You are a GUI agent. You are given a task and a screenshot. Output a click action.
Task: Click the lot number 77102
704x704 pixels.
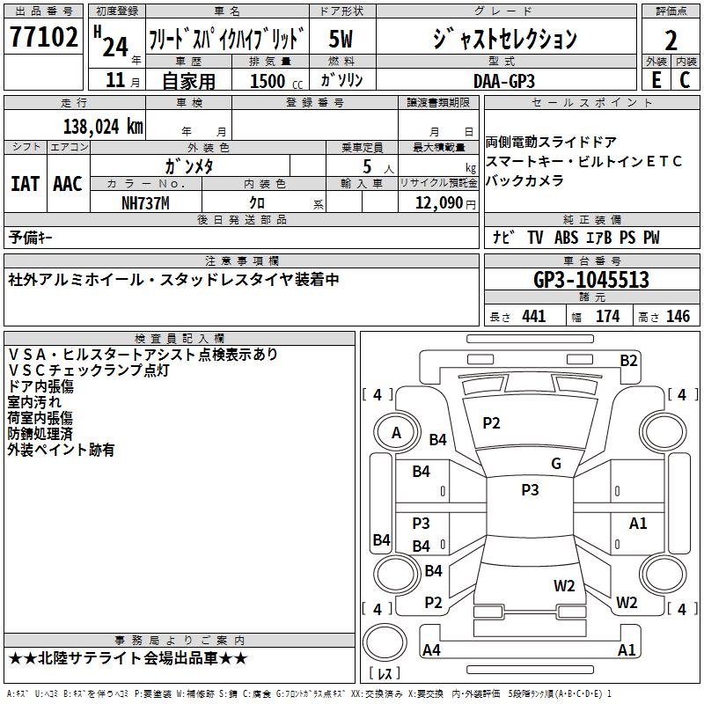click(x=43, y=39)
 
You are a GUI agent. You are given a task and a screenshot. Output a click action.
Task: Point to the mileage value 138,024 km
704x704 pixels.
click(x=103, y=127)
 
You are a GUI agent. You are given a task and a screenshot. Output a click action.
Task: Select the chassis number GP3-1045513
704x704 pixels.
click(x=591, y=280)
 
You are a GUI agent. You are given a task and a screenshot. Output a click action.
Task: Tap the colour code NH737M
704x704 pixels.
click(x=146, y=202)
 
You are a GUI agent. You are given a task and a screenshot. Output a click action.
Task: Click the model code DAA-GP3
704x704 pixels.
click(x=503, y=79)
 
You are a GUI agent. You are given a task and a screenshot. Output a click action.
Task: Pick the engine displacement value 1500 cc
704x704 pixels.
click(x=269, y=81)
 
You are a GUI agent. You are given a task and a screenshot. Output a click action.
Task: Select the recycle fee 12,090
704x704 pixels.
click(x=438, y=202)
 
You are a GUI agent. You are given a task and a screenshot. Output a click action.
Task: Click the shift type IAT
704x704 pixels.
click(x=25, y=184)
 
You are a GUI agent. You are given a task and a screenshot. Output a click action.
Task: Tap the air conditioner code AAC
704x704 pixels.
click(x=68, y=184)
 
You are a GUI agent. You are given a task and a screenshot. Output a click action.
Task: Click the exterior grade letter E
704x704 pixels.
click(x=655, y=79)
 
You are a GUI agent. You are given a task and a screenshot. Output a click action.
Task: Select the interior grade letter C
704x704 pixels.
click(x=684, y=79)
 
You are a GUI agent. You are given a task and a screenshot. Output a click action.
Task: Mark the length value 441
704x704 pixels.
click(x=533, y=317)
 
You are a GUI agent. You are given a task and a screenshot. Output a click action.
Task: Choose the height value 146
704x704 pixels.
click(x=677, y=317)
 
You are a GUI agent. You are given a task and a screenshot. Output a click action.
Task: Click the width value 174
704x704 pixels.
click(x=607, y=317)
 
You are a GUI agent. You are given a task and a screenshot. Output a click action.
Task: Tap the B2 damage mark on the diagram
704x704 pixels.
click(x=628, y=360)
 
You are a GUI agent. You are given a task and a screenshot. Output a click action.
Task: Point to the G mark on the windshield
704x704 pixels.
click(x=555, y=464)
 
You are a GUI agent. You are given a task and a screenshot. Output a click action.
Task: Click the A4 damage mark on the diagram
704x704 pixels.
click(x=431, y=650)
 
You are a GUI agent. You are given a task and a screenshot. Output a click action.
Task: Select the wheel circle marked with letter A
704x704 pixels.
click(x=396, y=432)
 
